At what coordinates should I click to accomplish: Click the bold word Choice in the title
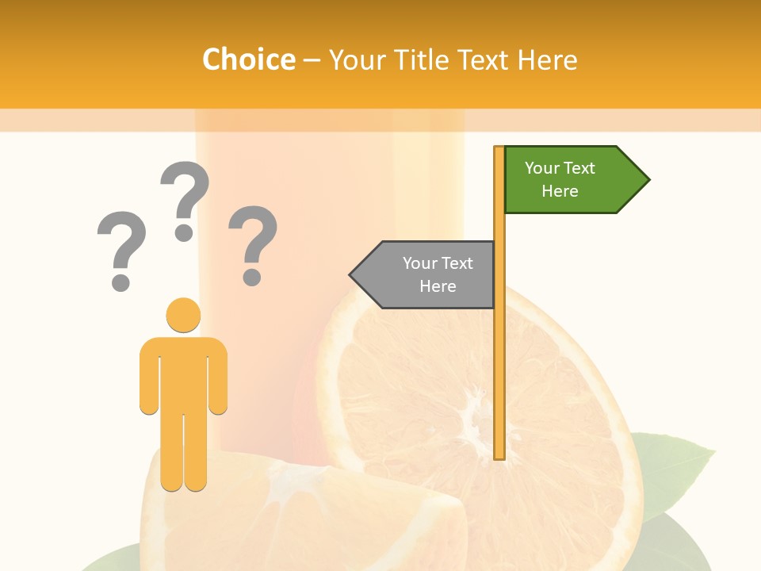point(248,59)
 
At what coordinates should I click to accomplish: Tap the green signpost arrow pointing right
point(571,180)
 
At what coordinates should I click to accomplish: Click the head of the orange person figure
point(183,315)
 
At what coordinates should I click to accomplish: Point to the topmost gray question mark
point(185,198)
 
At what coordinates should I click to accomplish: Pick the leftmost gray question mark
point(121,249)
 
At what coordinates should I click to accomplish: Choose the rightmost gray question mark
point(253,243)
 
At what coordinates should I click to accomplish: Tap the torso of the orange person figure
point(183,373)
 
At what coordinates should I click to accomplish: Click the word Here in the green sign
point(560,191)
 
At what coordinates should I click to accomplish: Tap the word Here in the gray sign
point(438,286)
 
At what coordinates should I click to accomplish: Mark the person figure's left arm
point(149,381)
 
